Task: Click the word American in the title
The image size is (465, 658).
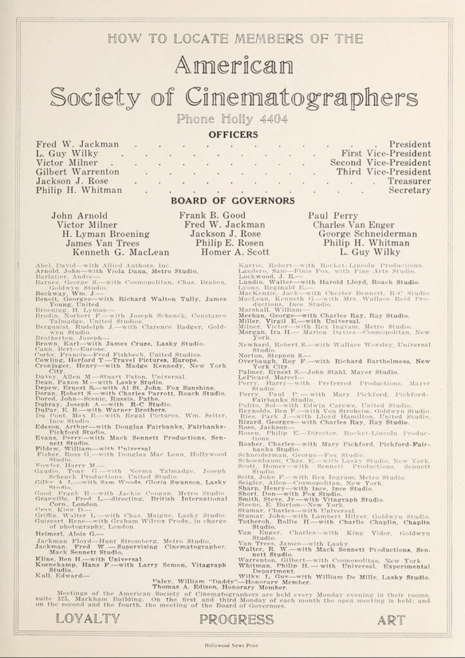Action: pyautogui.click(x=232, y=66)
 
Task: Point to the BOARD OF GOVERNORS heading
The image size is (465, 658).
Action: pyautogui.click(x=232, y=200)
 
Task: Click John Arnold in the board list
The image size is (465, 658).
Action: pyautogui.click(x=79, y=216)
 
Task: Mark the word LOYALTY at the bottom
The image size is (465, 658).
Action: pyautogui.click(x=87, y=619)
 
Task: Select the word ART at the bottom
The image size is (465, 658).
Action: pyautogui.click(x=391, y=619)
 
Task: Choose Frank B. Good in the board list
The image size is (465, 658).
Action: pyautogui.click(x=212, y=216)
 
